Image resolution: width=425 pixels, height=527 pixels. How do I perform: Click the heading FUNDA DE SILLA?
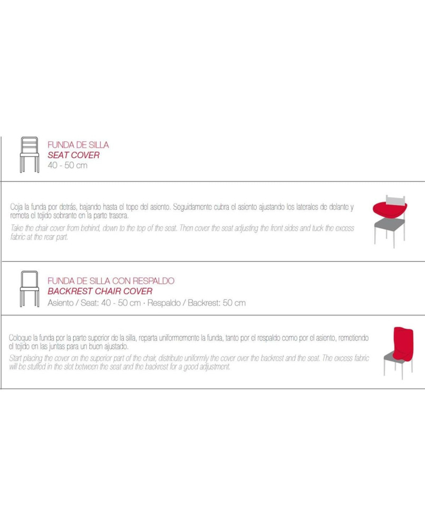pyautogui.click(x=79, y=145)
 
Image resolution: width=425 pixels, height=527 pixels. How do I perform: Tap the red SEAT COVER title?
pyautogui.click(x=73, y=155)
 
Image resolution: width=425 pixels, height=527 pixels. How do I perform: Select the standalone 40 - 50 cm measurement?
pyautogui.click(x=67, y=165)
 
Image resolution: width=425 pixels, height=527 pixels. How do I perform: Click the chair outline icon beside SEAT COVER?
pyautogui.click(x=29, y=154)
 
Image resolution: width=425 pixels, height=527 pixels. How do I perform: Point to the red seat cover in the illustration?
pyautogui.click(x=390, y=210)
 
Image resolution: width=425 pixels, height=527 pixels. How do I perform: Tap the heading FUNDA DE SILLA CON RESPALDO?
pyautogui.click(x=111, y=281)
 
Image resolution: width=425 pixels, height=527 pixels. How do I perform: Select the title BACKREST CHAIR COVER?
pyautogui.click(x=100, y=291)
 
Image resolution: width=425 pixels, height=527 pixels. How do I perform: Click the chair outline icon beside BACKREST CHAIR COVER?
pyautogui.click(x=29, y=289)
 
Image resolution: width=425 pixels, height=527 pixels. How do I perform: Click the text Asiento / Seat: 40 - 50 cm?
pyautogui.click(x=94, y=303)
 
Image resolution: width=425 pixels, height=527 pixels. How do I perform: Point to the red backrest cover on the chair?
pyautogui.click(x=403, y=343)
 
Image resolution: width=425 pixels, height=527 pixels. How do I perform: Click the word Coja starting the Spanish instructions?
pyautogui.click(x=16, y=207)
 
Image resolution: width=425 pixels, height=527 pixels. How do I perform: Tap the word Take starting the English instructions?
pyautogui.click(x=16, y=228)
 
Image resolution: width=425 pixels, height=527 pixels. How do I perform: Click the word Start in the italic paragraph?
pyautogui.click(x=15, y=358)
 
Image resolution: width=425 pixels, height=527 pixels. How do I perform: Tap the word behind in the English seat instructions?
pyautogui.click(x=91, y=228)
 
